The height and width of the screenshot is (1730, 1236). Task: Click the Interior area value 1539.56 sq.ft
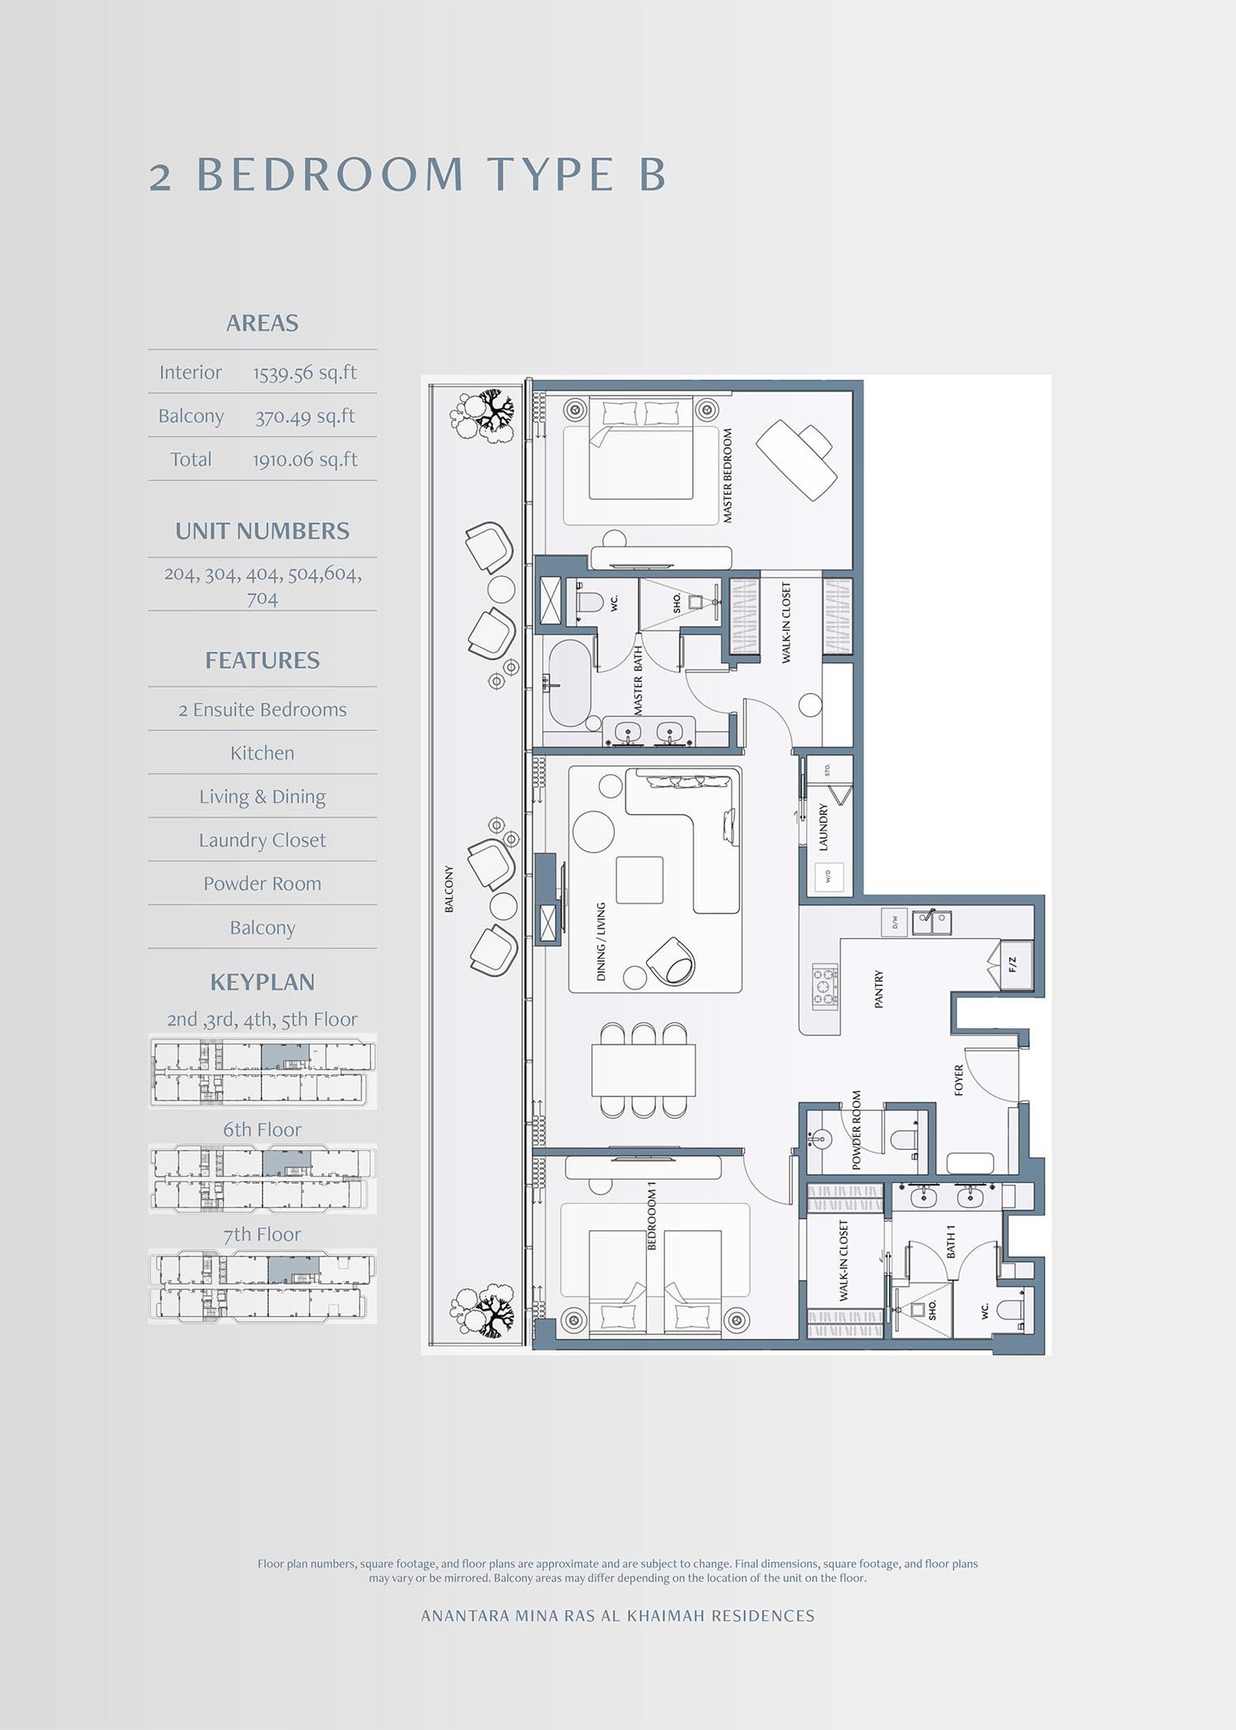(304, 373)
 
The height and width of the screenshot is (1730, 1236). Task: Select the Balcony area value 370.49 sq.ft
(304, 417)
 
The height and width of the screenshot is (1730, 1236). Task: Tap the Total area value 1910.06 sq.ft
(304, 460)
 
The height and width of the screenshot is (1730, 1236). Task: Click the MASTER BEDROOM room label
(728, 475)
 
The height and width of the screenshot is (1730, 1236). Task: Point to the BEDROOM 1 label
(652, 1216)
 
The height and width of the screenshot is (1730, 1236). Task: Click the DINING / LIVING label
(601, 942)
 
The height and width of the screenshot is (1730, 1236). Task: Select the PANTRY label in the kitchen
(878, 989)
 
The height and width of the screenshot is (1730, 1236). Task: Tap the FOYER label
(958, 1080)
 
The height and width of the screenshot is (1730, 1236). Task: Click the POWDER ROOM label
(856, 1130)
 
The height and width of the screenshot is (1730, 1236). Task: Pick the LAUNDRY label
(823, 827)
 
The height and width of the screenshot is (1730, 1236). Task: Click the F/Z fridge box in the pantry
(1014, 963)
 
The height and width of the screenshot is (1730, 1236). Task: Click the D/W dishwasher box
(894, 922)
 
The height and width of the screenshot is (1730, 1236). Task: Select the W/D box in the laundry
(829, 876)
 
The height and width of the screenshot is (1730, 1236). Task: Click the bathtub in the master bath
(568, 683)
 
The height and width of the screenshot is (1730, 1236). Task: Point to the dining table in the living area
(644, 1070)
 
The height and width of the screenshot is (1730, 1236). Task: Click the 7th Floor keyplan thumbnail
(262, 1286)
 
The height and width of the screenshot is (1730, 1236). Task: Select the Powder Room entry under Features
(262, 884)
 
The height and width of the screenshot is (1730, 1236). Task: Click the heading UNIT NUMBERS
(262, 531)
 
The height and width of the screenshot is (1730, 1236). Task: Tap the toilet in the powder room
(905, 1139)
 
